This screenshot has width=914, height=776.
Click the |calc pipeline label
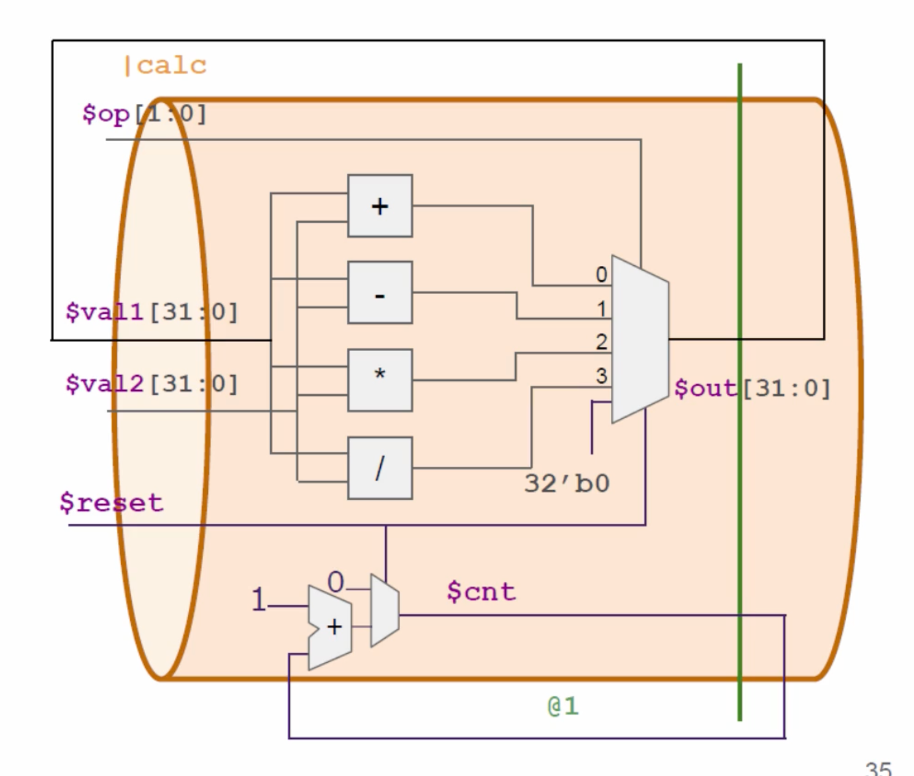[x=165, y=65]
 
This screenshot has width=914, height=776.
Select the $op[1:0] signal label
[x=144, y=114]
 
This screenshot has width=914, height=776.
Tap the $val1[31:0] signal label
[x=152, y=312]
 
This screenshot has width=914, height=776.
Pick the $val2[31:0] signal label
[x=152, y=384]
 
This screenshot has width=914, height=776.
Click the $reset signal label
[x=112, y=503]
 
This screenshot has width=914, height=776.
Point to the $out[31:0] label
[x=752, y=389]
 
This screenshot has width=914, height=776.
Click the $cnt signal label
[x=481, y=591]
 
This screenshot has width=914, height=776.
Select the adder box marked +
[x=380, y=206]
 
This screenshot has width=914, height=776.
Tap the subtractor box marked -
[x=380, y=293]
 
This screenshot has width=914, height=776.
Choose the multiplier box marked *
[x=380, y=380]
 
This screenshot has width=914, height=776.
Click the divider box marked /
[x=380, y=468]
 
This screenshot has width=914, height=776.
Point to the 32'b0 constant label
[x=567, y=484]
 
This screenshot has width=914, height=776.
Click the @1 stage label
[x=563, y=706]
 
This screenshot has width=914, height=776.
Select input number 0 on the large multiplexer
[x=602, y=274]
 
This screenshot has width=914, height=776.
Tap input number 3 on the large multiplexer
[x=602, y=375]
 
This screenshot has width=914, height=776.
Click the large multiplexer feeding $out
[x=640, y=339]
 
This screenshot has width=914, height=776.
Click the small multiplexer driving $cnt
[x=385, y=611]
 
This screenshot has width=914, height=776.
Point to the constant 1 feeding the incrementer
[x=259, y=599]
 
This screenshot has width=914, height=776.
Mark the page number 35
[x=878, y=769]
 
